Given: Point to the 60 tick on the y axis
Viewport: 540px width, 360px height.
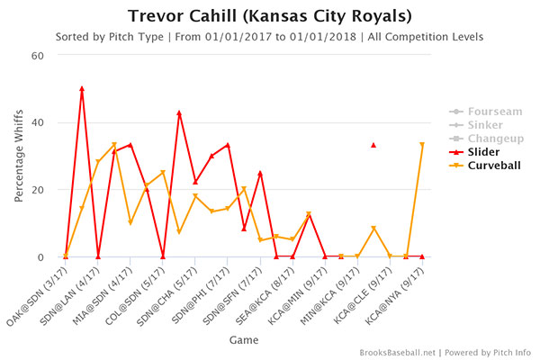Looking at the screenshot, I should click(x=39, y=55).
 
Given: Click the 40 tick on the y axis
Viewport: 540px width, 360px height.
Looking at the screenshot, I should click(x=39, y=122).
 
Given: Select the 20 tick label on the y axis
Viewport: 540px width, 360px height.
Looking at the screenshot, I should click(x=39, y=190).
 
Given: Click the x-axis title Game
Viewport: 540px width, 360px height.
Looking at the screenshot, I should click(x=243, y=341).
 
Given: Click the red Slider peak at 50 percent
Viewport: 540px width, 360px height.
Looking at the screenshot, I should click(x=82, y=88).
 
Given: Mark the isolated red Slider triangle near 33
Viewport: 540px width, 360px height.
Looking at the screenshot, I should click(x=373, y=145).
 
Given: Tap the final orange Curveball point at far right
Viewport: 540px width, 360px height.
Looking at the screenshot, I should click(x=422, y=145).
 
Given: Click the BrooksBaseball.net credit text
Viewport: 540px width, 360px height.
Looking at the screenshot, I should click(x=401, y=352).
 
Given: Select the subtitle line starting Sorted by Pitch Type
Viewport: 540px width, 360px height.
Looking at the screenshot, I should click(x=270, y=37).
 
